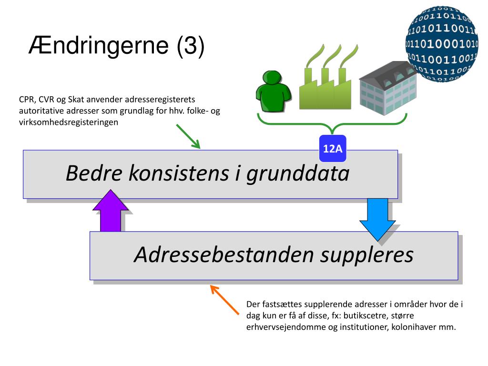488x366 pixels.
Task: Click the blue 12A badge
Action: click(333, 148)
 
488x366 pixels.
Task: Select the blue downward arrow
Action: click(377, 219)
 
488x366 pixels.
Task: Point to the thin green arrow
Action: click(188, 136)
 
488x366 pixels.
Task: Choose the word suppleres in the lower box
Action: click(366, 255)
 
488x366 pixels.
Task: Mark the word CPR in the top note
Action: click(27, 100)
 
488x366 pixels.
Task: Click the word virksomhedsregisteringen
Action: click(69, 122)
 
